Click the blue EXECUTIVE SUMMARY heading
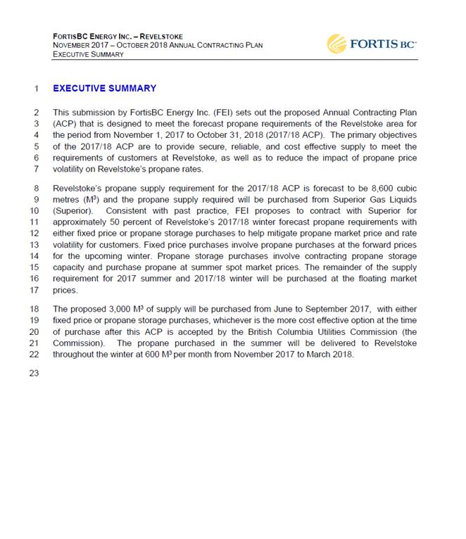[x=104, y=89]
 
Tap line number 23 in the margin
[x=34, y=373]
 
